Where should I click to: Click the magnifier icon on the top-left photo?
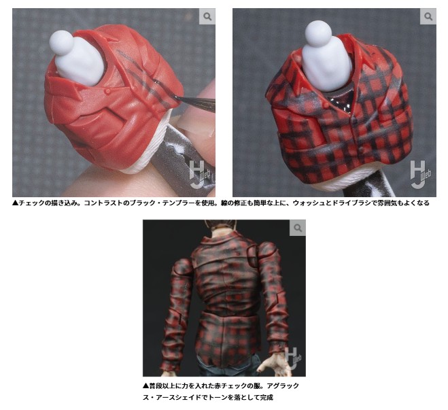[x=207, y=16]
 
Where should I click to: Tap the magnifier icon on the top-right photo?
[x=428, y=16]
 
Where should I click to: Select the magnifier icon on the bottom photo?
[x=298, y=228]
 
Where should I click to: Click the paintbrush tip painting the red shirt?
[x=175, y=97]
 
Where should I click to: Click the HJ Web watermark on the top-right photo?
[x=421, y=174]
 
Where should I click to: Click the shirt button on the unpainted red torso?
[x=107, y=92]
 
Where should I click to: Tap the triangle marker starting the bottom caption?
[x=145, y=386]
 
